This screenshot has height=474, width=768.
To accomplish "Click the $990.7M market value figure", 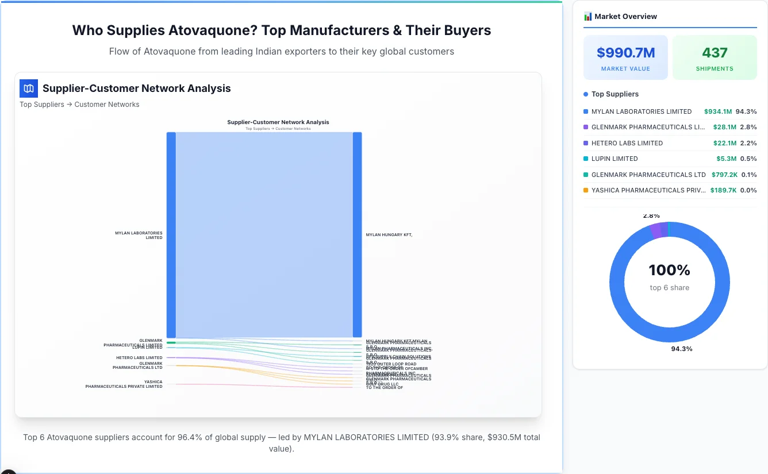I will (625, 53).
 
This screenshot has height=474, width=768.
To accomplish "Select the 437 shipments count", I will (715, 53).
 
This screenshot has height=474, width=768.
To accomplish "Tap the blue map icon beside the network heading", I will (29, 88).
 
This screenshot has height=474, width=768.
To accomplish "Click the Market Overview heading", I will (625, 16).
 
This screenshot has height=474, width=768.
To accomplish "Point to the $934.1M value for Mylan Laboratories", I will (717, 111).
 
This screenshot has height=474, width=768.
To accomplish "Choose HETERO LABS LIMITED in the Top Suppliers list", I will (627, 143).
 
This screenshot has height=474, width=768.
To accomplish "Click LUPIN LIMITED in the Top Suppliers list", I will (615, 159).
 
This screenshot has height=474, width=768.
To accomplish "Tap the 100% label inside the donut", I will (669, 270).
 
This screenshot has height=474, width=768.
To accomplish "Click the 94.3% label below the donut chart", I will (682, 349).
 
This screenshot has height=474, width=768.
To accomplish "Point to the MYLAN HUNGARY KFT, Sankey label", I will (389, 234).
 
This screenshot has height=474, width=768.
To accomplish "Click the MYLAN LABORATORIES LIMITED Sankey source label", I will (139, 235).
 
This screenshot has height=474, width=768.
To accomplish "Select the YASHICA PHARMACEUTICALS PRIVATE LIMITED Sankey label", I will (124, 384).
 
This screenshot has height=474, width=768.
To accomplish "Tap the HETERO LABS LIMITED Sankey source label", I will (139, 357).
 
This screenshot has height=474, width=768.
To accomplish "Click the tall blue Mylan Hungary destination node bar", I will (357, 234).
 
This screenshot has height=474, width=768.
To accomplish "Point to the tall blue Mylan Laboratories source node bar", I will (171, 234).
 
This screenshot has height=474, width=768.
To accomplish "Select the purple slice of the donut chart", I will (655, 230).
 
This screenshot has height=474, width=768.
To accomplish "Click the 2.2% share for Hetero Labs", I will (748, 143).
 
